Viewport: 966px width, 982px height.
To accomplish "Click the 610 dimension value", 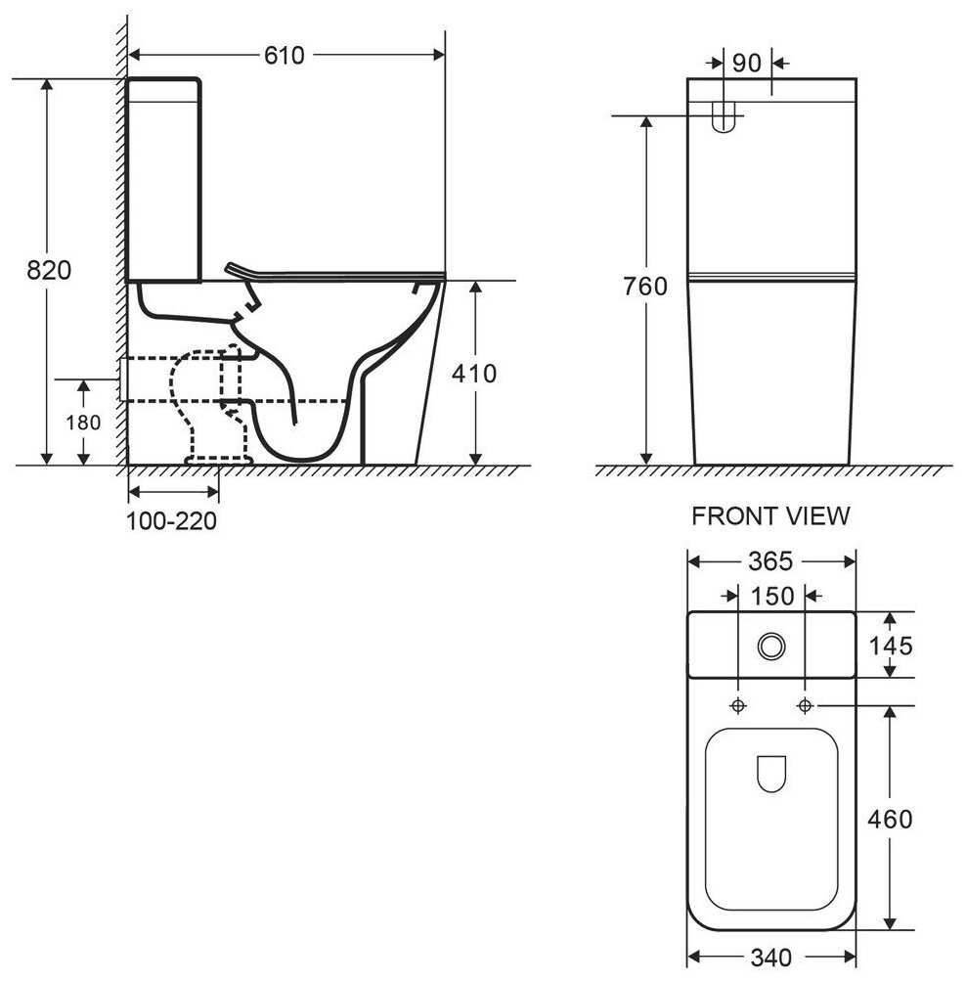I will point(284,56).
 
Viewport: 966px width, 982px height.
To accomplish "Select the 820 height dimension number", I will point(49,269).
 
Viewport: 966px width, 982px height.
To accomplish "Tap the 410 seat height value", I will point(475,373).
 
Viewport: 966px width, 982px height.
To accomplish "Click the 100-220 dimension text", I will point(171,521).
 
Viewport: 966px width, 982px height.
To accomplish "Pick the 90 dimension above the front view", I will point(746,64).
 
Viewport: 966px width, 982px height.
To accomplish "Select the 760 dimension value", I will point(646,287).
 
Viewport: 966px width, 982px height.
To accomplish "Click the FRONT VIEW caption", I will point(770,516).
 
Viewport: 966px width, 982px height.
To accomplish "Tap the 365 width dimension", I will point(772,561).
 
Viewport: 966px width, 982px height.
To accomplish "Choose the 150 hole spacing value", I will point(771,595).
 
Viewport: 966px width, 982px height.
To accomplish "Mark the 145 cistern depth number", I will point(890,646).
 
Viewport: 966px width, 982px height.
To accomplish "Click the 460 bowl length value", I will point(890,819).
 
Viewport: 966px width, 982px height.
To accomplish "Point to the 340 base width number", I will point(772,957).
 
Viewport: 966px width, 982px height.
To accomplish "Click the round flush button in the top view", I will point(771,645).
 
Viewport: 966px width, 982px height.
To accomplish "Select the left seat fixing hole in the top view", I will point(738,705).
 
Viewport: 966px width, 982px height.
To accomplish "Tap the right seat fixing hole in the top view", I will point(805,705).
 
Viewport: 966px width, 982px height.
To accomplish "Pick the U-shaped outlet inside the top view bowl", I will point(771,774).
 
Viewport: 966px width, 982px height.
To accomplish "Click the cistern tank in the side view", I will point(164,179).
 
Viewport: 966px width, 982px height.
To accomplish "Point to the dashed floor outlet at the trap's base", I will point(219,458).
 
